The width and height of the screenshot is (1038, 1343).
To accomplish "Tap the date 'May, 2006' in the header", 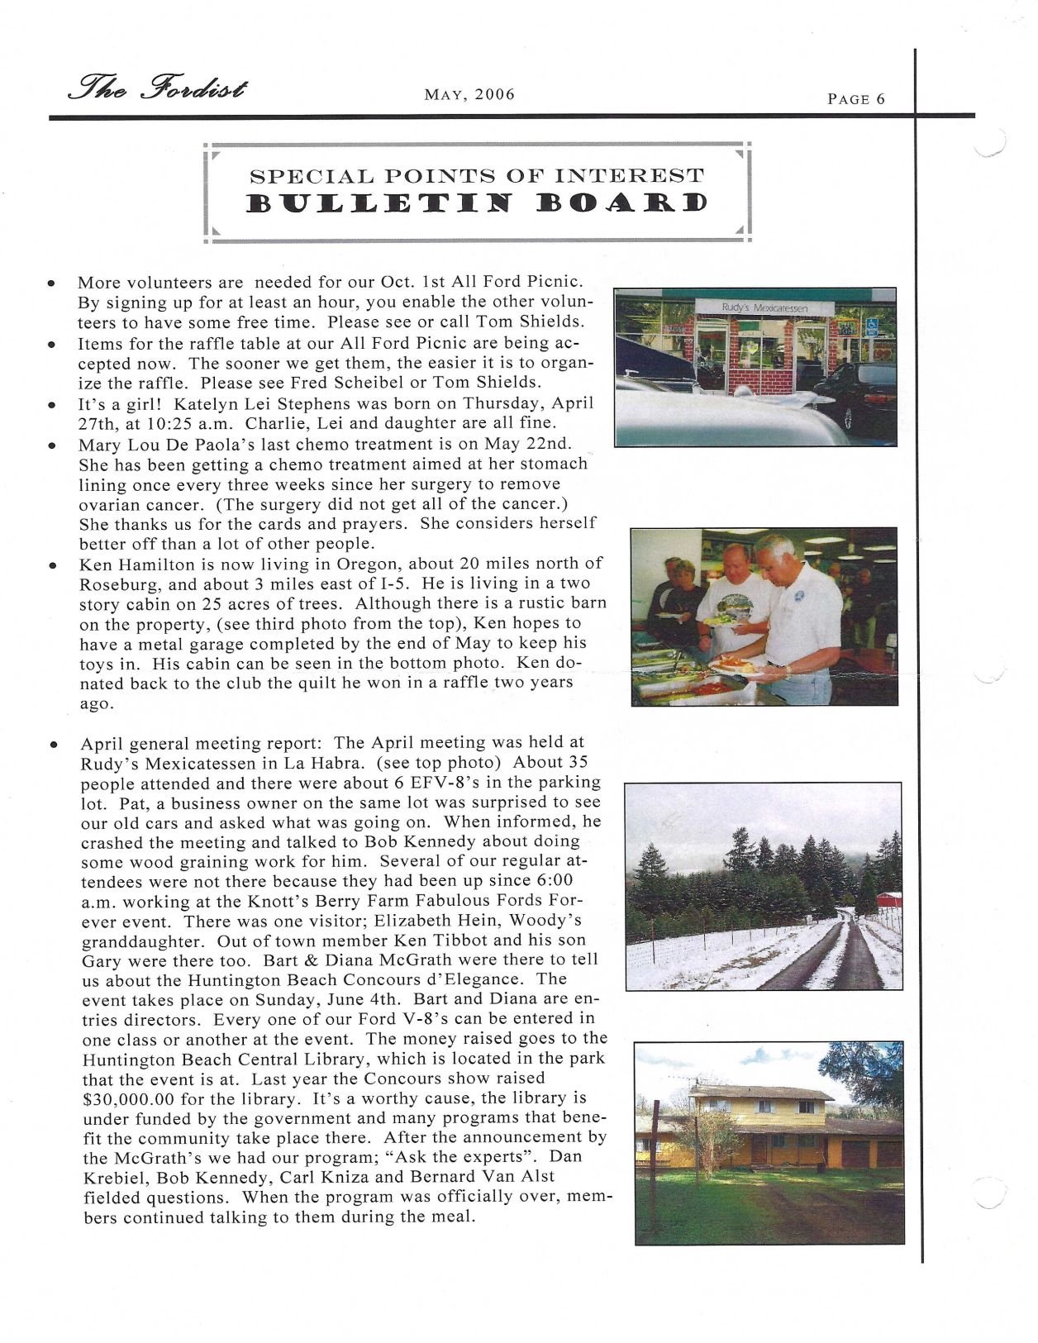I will click(469, 94).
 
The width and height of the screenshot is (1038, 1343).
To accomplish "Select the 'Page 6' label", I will click(856, 99).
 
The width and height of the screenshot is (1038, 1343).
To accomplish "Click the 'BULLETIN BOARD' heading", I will click(478, 203).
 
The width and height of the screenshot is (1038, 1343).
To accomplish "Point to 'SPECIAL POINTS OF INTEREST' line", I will click(477, 175).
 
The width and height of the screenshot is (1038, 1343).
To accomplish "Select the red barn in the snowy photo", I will click(889, 900).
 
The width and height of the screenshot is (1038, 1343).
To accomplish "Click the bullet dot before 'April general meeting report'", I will click(52, 744).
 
